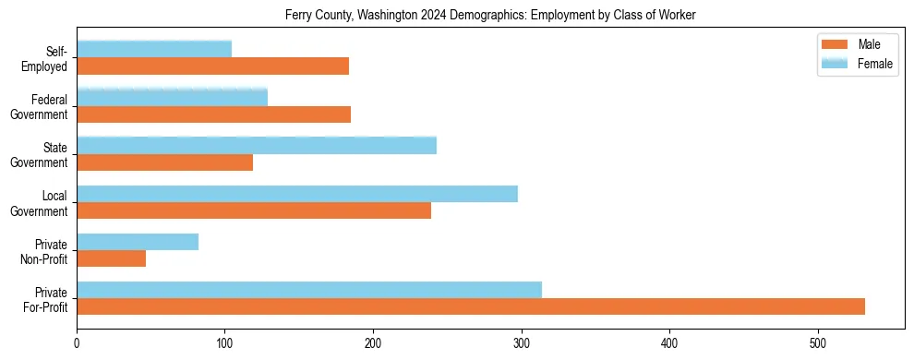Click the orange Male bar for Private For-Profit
click(x=471, y=306)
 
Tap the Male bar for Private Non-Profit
click(x=111, y=258)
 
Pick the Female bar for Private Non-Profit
click(x=138, y=242)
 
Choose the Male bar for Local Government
click(x=254, y=210)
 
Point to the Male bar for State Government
click(x=164, y=162)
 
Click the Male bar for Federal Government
click(x=213, y=114)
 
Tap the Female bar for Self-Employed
click(x=154, y=49)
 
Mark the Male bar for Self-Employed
click(x=212, y=66)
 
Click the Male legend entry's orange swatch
click(x=835, y=45)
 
